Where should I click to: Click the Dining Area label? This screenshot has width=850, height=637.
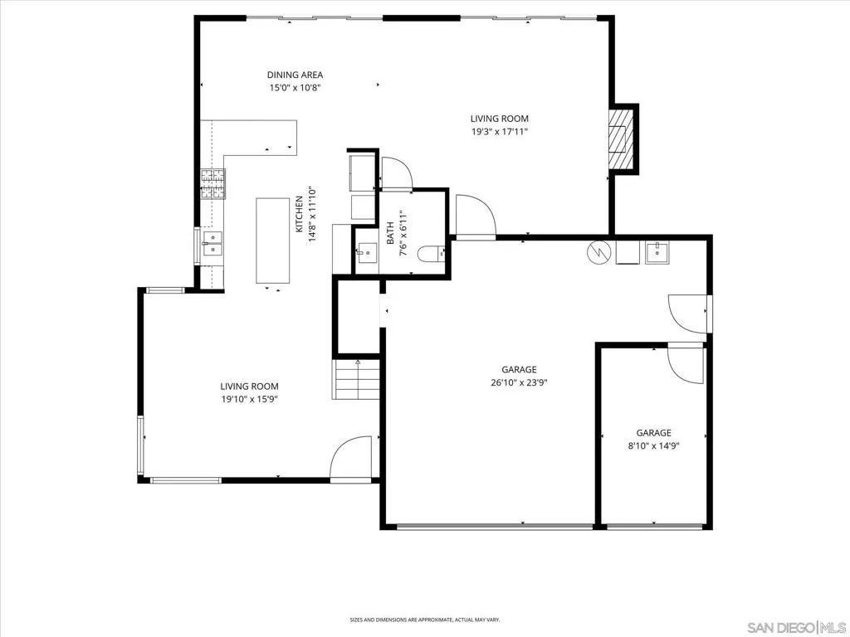[295, 75]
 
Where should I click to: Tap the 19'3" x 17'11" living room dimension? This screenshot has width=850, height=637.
[499, 132]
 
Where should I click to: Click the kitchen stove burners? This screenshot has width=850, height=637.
[212, 183]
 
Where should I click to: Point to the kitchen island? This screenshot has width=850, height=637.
[272, 241]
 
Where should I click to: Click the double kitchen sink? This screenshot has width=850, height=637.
[212, 244]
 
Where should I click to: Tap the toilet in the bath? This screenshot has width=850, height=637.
[432, 253]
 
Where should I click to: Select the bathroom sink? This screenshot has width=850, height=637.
[367, 252]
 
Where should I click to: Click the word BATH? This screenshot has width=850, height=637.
[390, 233]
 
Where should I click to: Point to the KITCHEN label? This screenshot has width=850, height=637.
[299, 215]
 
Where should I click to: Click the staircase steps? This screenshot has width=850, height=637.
[355, 379]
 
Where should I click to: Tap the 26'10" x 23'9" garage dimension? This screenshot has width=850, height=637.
[520, 383]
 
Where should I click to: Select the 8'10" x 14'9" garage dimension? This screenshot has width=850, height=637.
[654, 446]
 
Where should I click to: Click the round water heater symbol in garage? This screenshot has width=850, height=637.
[599, 251]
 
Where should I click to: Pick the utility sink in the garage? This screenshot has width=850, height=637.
[657, 252]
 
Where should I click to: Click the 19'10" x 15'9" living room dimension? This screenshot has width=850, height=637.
[249, 400]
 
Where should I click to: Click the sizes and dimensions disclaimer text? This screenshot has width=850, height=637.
[425, 620]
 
